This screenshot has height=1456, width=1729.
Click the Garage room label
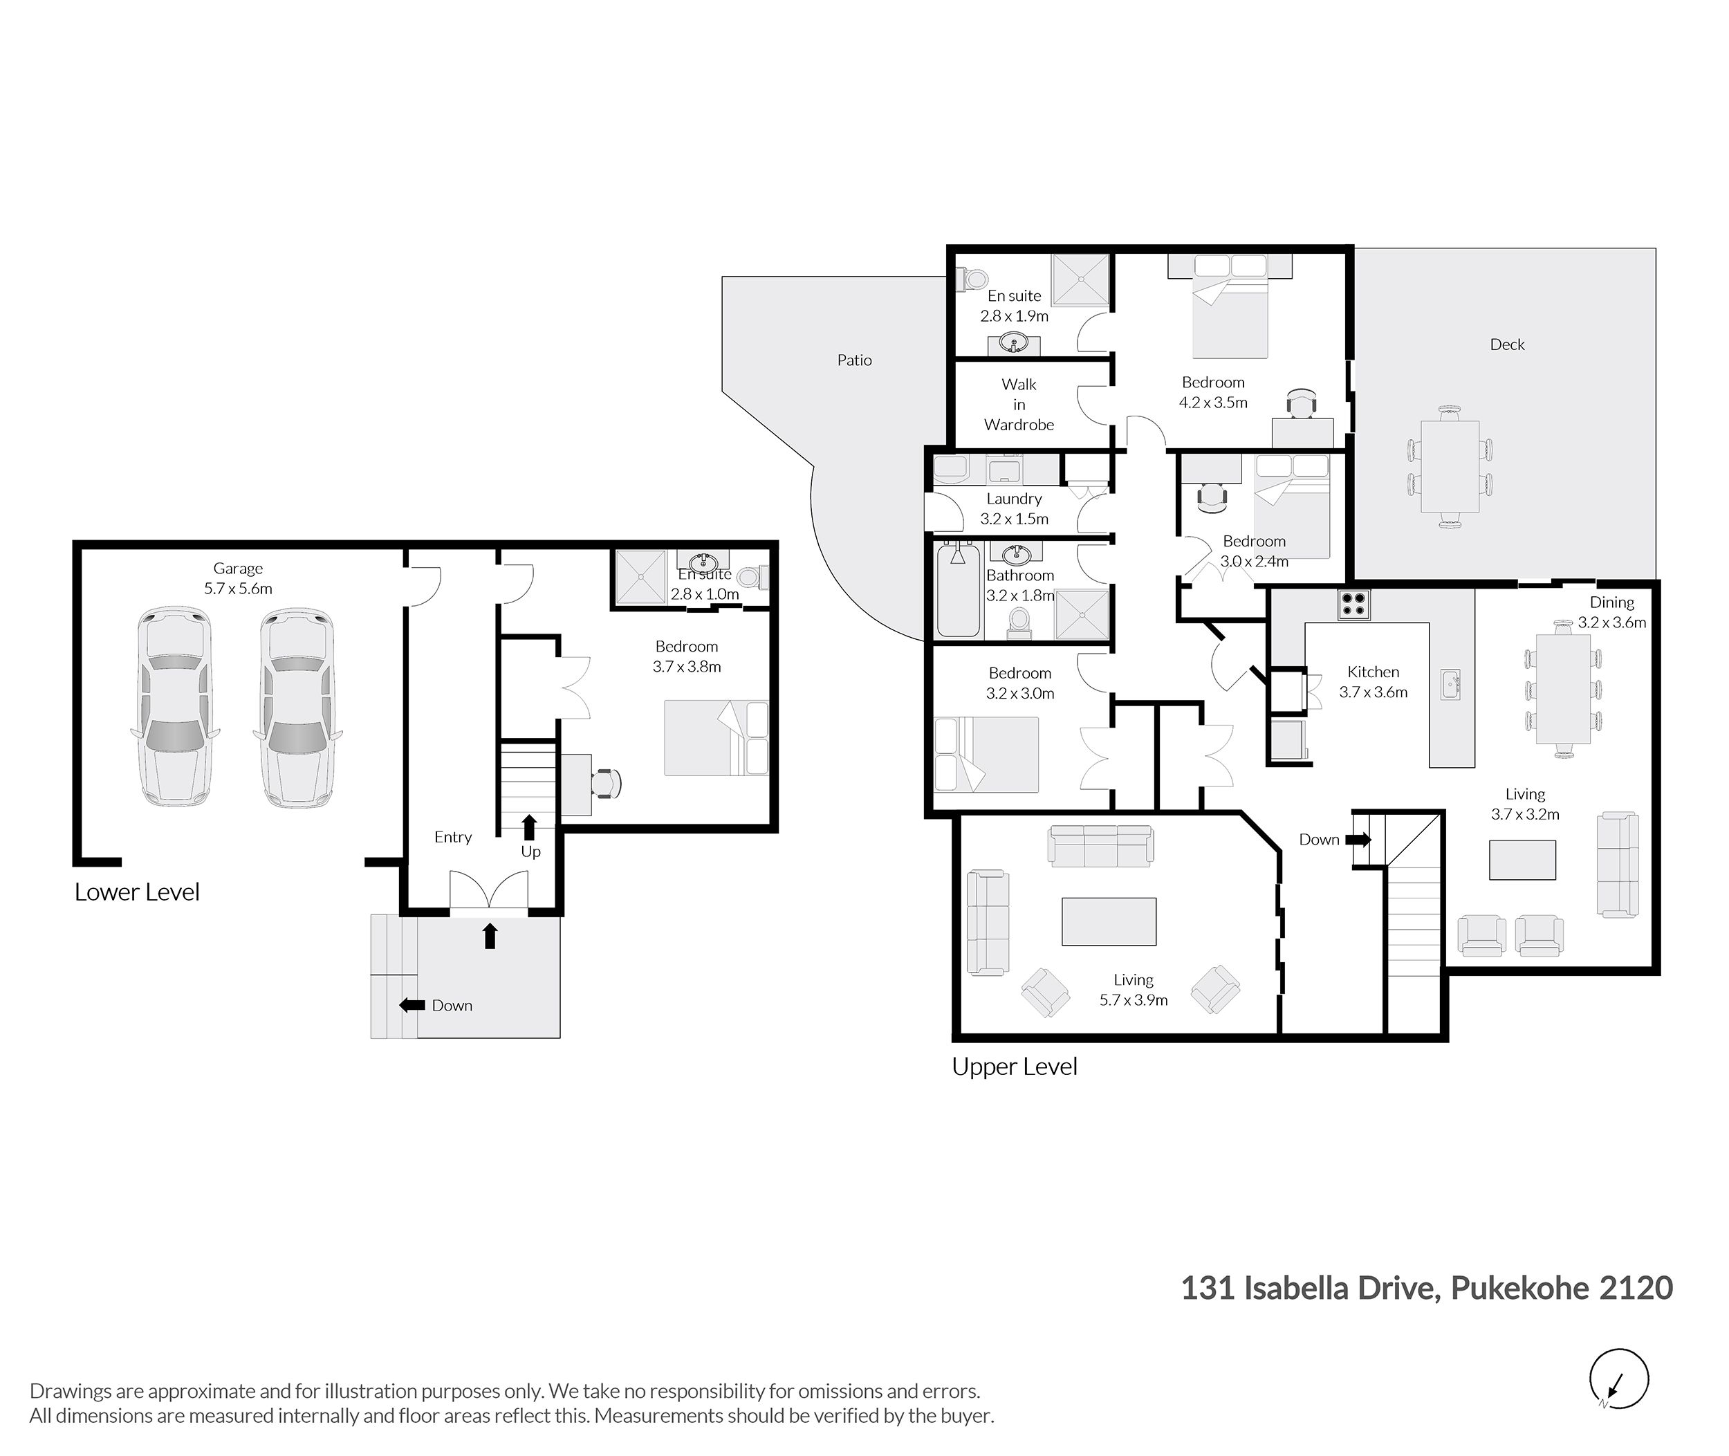tap(238, 569)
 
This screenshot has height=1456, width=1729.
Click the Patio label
tap(854, 360)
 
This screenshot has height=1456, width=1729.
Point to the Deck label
tap(1507, 345)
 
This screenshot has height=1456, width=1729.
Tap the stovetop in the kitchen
tap(1354, 605)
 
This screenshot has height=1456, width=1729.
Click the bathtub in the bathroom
tap(958, 589)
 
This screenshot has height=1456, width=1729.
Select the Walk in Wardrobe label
tap(1019, 405)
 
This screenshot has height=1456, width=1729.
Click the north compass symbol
tap(1618, 1379)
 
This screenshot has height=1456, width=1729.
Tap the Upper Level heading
tap(1015, 1067)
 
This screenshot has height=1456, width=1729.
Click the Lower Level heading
tap(137, 892)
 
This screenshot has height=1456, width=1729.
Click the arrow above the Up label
tap(529, 827)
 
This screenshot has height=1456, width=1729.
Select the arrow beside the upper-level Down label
tap(1358, 840)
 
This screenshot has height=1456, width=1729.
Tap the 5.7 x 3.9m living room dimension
tap(1133, 1000)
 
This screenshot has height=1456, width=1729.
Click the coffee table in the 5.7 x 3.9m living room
tap(1109, 921)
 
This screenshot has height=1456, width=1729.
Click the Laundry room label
tap(1015, 499)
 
